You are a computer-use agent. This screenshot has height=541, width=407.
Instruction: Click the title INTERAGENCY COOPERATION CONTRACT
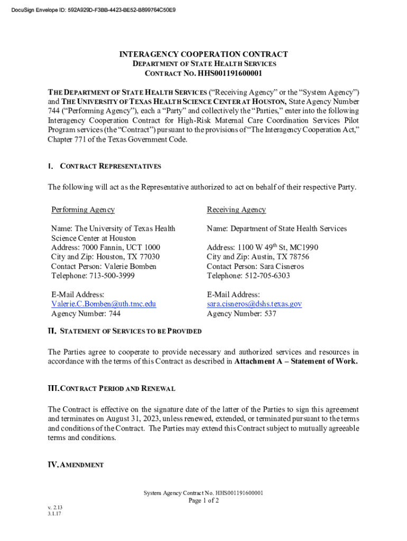203,54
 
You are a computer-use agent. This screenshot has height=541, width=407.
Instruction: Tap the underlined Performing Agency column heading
83,210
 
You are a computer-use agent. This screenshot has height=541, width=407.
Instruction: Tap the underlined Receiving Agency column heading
236,210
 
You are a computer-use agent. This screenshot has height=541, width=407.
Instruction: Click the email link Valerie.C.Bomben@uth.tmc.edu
104,304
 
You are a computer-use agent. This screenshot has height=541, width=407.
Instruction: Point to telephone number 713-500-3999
112,276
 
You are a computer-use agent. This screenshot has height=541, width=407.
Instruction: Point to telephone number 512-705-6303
267,276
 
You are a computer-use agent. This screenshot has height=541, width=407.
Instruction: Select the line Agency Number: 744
86,313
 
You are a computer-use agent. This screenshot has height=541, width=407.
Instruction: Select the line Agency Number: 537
242,313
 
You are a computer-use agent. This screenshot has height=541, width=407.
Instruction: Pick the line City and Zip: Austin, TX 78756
258,257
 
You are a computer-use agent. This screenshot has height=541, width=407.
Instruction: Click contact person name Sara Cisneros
285,266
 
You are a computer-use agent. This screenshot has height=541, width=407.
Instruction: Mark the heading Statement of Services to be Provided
131,331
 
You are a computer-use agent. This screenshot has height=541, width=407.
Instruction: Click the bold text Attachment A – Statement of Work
296,362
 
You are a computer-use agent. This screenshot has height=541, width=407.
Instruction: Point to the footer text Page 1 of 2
203,501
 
